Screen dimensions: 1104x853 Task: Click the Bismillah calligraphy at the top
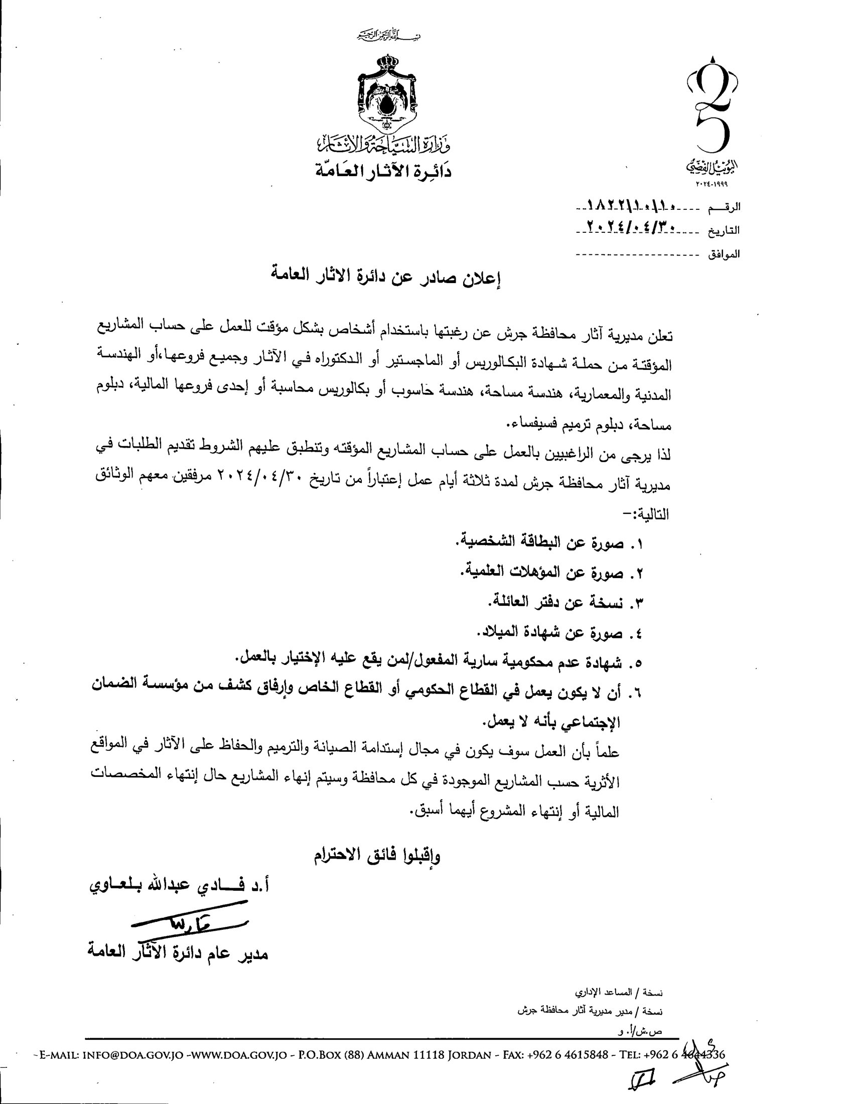coord(387,37)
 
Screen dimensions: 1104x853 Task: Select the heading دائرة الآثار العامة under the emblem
coord(382,170)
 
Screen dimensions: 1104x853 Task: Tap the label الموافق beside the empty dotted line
coord(724,255)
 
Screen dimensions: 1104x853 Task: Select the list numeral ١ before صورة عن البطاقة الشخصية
coord(638,544)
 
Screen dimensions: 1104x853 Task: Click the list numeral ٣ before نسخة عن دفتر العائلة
coord(638,604)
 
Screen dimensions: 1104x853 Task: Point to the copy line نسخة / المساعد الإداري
coord(619,993)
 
